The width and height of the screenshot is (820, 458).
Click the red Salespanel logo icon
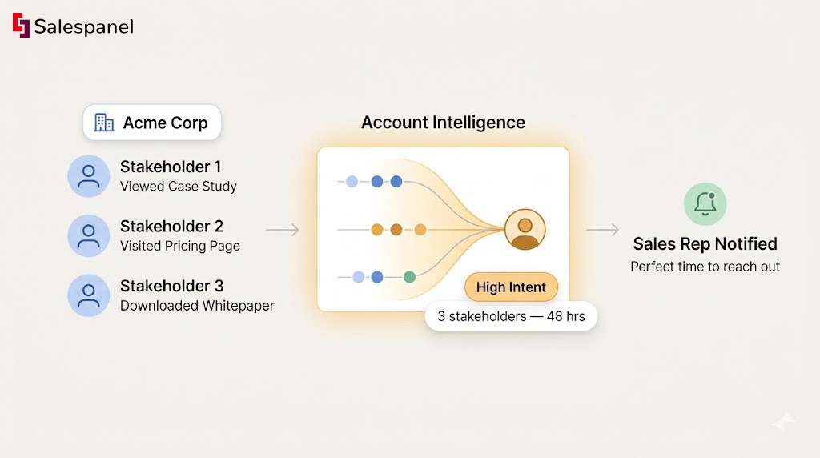pyautogui.click(x=21, y=26)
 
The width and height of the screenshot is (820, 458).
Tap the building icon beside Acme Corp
pyautogui.click(x=104, y=123)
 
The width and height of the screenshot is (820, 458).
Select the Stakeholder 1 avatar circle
pyautogui.click(x=89, y=176)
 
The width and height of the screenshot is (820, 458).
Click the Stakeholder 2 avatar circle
pyautogui.click(x=89, y=235)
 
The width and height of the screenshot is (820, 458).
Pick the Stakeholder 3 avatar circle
pyautogui.click(x=89, y=295)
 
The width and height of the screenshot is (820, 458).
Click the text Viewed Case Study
pyautogui.click(x=178, y=187)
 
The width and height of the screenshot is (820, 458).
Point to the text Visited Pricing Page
pyautogui.click(x=179, y=246)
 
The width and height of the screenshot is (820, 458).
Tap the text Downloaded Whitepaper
pyautogui.click(x=197, y=306)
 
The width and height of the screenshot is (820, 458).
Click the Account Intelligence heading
pyautogui.click(x=443, y=123)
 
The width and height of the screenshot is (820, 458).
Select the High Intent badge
pyautogui.click(x=511, y=287)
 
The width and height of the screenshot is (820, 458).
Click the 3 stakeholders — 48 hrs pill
pyautogui.click(x=511, y=316)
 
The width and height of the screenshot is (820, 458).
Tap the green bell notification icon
pyautogui.click(x=705, y=203)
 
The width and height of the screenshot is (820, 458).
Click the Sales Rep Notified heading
pyautogui.click(x=705, y=243)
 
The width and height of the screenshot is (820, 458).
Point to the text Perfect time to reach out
pyautogui.click(x=705, y=267)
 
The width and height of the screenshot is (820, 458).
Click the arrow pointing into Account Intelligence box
pyautogui.click(x=283, y=231)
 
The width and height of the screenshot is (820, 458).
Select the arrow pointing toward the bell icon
pyautogui.click(x=602, y=231)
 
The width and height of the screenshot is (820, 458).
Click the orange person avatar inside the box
pyautogui.click(x=525, y=231)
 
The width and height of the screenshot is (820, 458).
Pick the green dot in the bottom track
pyautogui.click(x=409, y=277)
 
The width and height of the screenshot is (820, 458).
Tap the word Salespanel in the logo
pyautogui.click(x=83, y=26)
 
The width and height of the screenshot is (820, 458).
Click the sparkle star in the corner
pyautogui.click(x=784, y=423)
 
